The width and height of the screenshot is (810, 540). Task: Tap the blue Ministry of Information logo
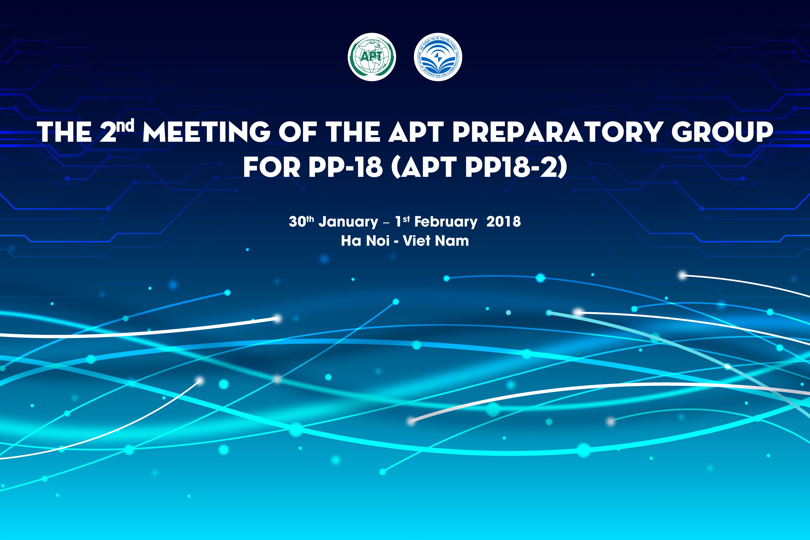point(438,57)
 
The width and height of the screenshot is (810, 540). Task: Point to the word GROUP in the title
point(723,132)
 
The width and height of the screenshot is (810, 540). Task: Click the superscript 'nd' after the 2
point(125,126)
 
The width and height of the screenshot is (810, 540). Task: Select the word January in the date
point(348,222)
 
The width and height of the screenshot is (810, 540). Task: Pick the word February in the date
point(446,222)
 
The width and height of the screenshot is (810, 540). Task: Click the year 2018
point(504,221)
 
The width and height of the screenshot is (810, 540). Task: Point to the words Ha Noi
point(365,241)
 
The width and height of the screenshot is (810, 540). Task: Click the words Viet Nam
point(436,241)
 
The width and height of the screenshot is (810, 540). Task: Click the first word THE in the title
point(65,132)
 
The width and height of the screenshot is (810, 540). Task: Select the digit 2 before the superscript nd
point(108,132)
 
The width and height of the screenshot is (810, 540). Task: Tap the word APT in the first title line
point(416,132)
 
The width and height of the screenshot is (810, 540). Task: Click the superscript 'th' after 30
point(310,219)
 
